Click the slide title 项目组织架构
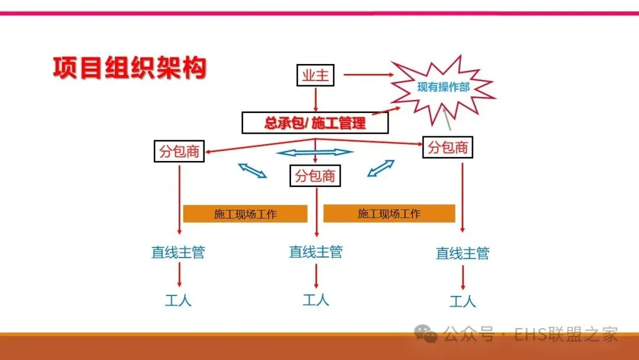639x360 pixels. [x=129, y=68]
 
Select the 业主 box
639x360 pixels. [x=315, y=76]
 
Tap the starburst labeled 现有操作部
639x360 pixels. [x=443, y=88]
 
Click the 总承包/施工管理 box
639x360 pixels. [x=315, y=123]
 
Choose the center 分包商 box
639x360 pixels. [x=315, y=175]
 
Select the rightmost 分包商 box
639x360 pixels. [x=448, y=147]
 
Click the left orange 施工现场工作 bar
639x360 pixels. [x=245, y=214]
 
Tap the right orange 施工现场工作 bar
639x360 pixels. [x=389, y=213]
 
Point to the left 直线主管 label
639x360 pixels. [x=178, y=252]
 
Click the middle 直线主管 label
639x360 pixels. [x=315, y=252]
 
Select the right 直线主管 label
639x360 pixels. [x=463, y=253]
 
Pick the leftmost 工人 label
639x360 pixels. [x=178, y=300]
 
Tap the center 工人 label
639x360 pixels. [x=315, y=300]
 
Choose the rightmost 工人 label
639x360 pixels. [x=463, y=301]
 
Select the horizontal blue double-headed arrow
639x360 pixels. [x=315, y=153]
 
